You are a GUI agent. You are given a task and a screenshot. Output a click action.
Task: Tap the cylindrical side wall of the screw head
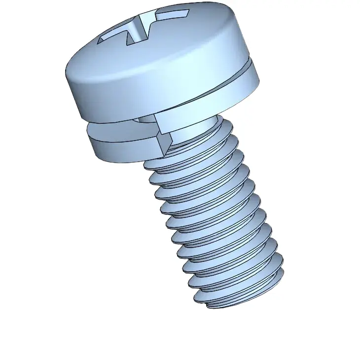pos(163,89)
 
